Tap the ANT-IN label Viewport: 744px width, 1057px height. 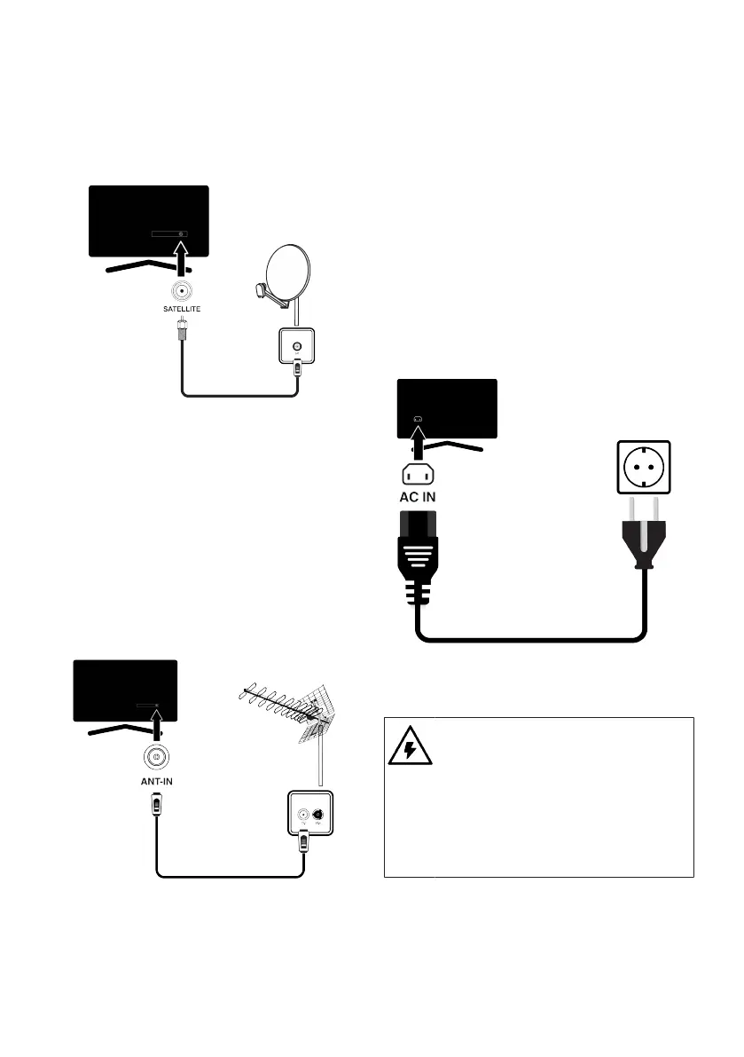coord(157,782)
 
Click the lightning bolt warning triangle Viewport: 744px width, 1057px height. coord(410,746)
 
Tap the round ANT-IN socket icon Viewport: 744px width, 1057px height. coord(156,759)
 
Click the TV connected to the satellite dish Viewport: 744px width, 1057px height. coord(149,221)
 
